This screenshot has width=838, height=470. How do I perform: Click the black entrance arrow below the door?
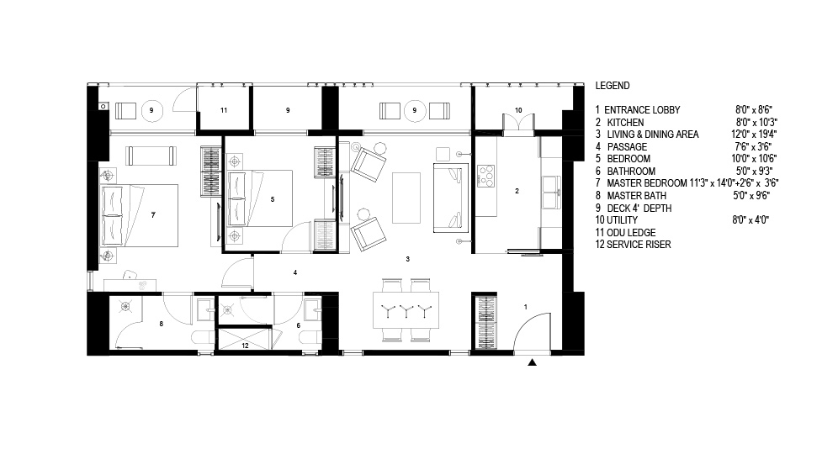tap(532, 362)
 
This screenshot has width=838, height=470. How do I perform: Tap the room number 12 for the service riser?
tap(245, 346)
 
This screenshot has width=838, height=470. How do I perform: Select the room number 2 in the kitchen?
tap(517, 191)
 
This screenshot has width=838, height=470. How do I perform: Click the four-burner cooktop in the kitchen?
tap(485, 176)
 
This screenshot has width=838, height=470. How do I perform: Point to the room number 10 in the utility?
tap(518, 110)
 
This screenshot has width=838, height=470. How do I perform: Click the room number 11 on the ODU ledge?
tap(224, 110)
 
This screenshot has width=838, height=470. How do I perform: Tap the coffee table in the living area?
tap(406, 198)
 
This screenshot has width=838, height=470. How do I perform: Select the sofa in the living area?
tap(450, 198)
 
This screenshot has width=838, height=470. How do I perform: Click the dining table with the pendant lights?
tap(406, 309)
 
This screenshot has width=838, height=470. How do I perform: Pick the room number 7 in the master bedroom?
tap(153, 214)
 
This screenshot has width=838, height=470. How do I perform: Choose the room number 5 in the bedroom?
tap(273, 199)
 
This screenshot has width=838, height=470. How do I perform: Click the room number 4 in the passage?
tap(295, 272)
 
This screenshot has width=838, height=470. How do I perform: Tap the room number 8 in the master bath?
tap(162, 324)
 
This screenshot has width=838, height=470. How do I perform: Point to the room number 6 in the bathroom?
tap(298, 325)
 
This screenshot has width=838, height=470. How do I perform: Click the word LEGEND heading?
tap(613, 86)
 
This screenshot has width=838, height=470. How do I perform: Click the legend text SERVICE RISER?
tap(639, 245)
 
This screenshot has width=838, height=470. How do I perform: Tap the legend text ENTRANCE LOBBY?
tap(642, 110)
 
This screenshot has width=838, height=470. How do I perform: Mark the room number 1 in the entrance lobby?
tap(526, 307)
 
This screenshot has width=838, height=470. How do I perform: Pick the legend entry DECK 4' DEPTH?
tap(639, 209)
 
